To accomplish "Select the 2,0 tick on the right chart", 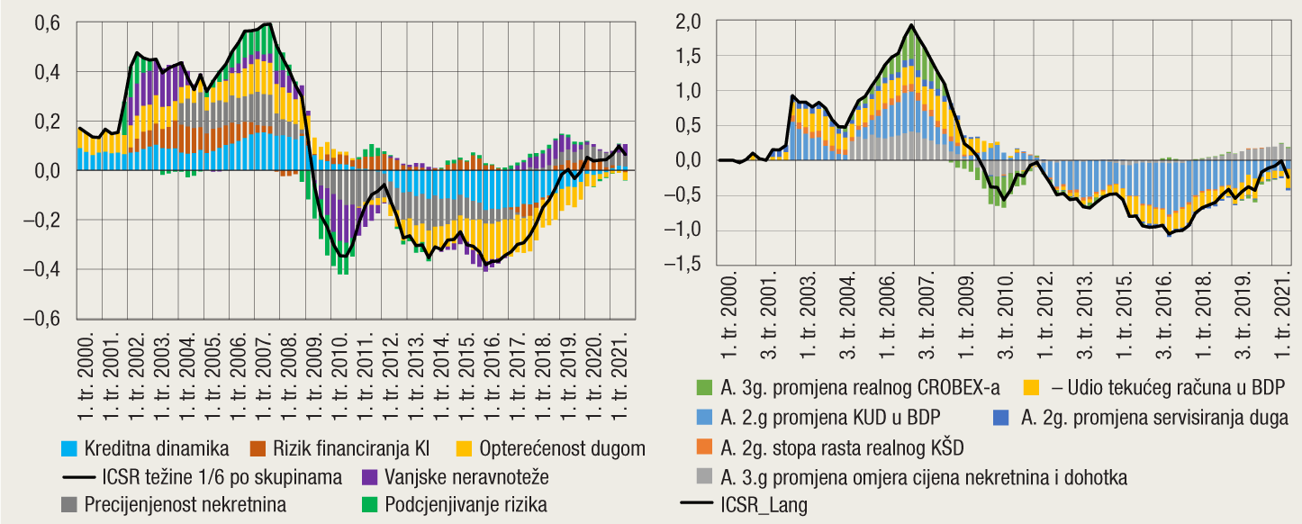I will click(x=688, y=23).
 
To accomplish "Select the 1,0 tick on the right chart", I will click(x=688, y=92).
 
